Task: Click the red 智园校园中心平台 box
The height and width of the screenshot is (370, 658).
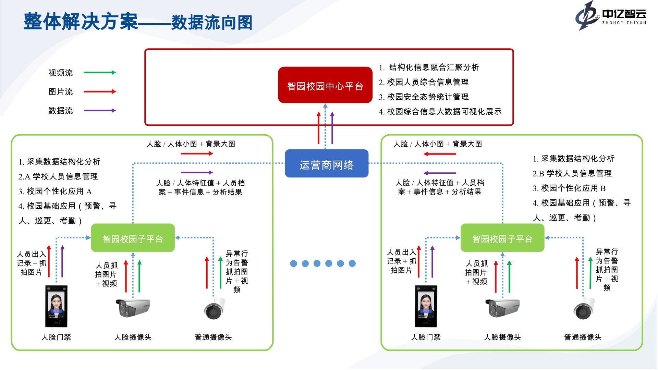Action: (325, 85)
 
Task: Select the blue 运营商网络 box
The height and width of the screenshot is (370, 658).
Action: (327, 164)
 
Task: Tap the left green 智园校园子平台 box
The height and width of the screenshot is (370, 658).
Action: (133, 238)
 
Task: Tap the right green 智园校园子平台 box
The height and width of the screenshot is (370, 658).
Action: (502, 238)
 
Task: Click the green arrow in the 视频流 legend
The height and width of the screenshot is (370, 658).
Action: (100, 72)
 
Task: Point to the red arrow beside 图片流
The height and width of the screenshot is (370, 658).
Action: (100, 91)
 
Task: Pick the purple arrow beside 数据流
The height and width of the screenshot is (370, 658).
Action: (100, 110)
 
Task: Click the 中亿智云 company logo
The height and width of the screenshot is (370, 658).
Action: (610, 16)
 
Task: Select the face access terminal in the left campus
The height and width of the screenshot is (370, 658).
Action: (56, 306)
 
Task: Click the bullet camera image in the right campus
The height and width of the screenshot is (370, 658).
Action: (502, 307)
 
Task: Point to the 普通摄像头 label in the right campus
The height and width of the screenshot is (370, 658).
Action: (583, 337)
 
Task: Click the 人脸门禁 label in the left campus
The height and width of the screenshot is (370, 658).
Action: (56, 337)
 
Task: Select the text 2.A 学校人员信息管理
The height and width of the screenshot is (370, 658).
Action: (58, 176)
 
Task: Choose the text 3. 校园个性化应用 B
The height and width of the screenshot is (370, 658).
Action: (569, 188)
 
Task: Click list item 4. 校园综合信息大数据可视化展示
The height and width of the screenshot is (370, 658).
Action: (440, 112)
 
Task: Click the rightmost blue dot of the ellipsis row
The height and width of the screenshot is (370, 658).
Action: (352, 263)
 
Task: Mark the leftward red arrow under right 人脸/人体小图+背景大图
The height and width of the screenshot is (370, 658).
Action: (440, 154)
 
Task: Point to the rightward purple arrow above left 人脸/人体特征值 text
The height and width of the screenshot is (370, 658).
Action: (197, 172)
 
